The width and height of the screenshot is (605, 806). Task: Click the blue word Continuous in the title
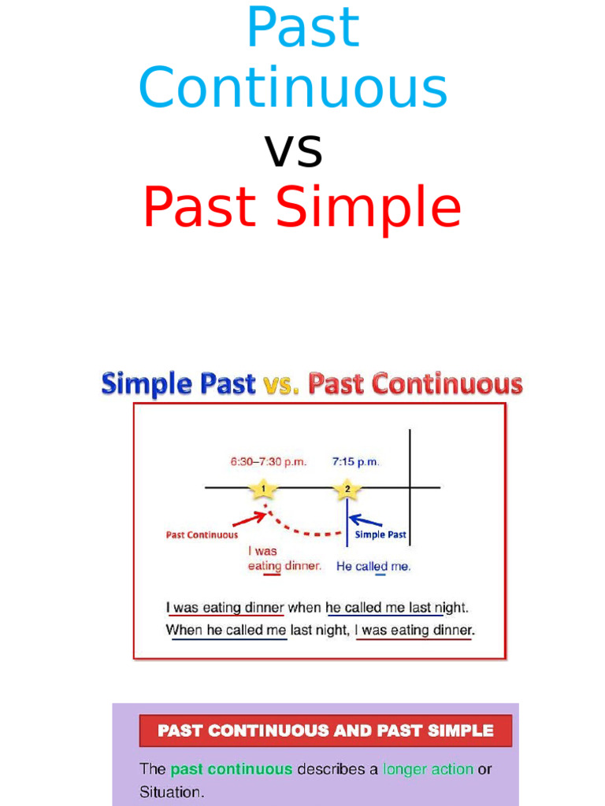click(x=293, y=88)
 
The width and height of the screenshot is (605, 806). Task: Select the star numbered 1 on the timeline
click(x=263, y=489)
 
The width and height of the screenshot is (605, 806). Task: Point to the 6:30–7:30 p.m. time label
click(x=268, y=462)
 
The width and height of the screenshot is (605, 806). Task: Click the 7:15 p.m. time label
click(x=356, y=462)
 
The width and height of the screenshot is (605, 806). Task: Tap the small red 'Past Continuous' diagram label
click(x=202, y=534)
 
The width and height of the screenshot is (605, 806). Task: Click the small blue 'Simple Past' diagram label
click(x=380, y=534)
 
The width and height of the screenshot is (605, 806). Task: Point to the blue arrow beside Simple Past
click(x=365, y=520)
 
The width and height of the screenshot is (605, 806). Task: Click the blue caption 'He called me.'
click(x=373, y=566)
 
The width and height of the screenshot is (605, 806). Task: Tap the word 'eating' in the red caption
click(x=265, y=565)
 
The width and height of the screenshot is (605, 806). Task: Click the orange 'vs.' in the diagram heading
click(x=282, y=384)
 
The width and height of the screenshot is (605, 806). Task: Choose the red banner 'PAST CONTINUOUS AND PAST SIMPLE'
click(x=325, y=730)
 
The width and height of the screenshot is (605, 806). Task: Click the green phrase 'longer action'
click(x=428, y=769)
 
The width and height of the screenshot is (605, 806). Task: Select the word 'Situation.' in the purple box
click(x=172, y=793)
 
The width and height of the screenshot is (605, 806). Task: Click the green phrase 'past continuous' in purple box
click(x=231, y=769)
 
